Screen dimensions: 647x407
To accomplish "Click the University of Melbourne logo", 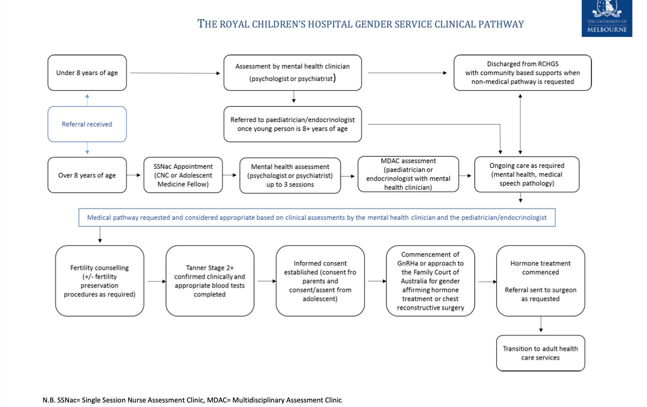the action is pyautogui.click(x=607, y=18).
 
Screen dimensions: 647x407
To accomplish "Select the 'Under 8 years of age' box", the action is pyautogui.click(x=87, y=73).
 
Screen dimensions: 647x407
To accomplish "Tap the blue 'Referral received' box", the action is pyautogui.click(x=87, y=124).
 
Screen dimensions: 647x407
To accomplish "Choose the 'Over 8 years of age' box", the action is pyautogui.click(x=87, y=175).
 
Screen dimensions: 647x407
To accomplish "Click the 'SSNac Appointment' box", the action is pyautogui.click(x=183, y=175).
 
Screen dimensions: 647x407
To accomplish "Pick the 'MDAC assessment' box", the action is pyautogui.click(x=408, y=174).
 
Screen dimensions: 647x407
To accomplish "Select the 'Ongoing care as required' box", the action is pyautogui.click(x=526, y=174).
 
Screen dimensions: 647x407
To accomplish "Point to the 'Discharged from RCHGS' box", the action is pyautogui.click(x=522, y=73).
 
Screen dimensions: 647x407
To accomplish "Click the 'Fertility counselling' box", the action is pyautogui.click(x=100, y=281).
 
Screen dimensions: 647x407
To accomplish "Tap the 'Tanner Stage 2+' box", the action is pyautogui.click(x=210, y=281).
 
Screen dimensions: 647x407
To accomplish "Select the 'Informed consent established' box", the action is pyautogui.click(x=320, y=281).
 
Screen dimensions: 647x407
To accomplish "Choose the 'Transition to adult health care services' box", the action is pyautogui.click(x=540, y=353).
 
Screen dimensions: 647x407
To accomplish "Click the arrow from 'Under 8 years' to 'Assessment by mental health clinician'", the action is pyautogui.click(x=175, y=73).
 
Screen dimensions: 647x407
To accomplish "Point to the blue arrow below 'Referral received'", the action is pyautogui.click(x=87, y=148).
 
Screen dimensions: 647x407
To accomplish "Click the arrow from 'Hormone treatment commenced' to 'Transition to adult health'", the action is pyautogui.click(x=541, y=324).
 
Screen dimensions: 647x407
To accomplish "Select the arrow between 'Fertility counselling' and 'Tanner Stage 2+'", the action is pyautogui.click(x=157, y=281).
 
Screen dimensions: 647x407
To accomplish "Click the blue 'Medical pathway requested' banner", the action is pyautogui.click(x=317, y=217).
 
